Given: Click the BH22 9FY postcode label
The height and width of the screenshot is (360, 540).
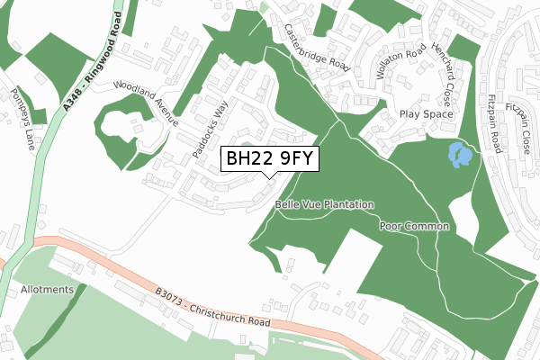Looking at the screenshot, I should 269,159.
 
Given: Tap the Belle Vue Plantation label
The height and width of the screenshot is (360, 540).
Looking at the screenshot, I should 325,204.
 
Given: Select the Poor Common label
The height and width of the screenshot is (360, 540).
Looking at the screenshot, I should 414,226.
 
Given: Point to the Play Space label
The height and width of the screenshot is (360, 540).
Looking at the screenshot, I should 426,115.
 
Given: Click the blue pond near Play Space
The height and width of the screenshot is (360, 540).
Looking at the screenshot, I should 460,155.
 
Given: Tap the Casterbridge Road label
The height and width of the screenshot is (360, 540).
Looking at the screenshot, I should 316,48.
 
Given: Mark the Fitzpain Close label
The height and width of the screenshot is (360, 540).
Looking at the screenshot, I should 523,121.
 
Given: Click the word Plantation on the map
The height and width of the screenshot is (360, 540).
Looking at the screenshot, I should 346,204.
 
